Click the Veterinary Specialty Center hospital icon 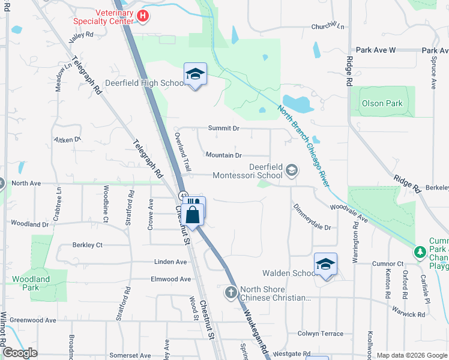pyautogui.click(x=143, y=16)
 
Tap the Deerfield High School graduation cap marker pyautogui.click(x=195, y=74)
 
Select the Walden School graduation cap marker pyautogui.click(x=325, y=264)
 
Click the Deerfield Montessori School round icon pyautogui.click(x=292, y=170)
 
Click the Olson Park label pyautogui.click(x=382, y=103)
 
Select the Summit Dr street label pyautogui.click(x=223, y=128)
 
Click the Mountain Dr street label pyautogui.click(x=223, y=155)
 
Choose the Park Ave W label pyautogui.click(x=375, y=50)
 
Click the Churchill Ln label pyautogui.click(x=328, y=26)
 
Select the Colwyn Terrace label pyautogui.click(x=321, y=334)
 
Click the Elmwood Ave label pyautogui.click(x=170, y=279)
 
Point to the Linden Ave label pyautogui.click(x=170, y=262)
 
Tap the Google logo pyautogui.click(x=20, y=353)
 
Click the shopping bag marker pyautogui.click(x=193, y=214)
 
